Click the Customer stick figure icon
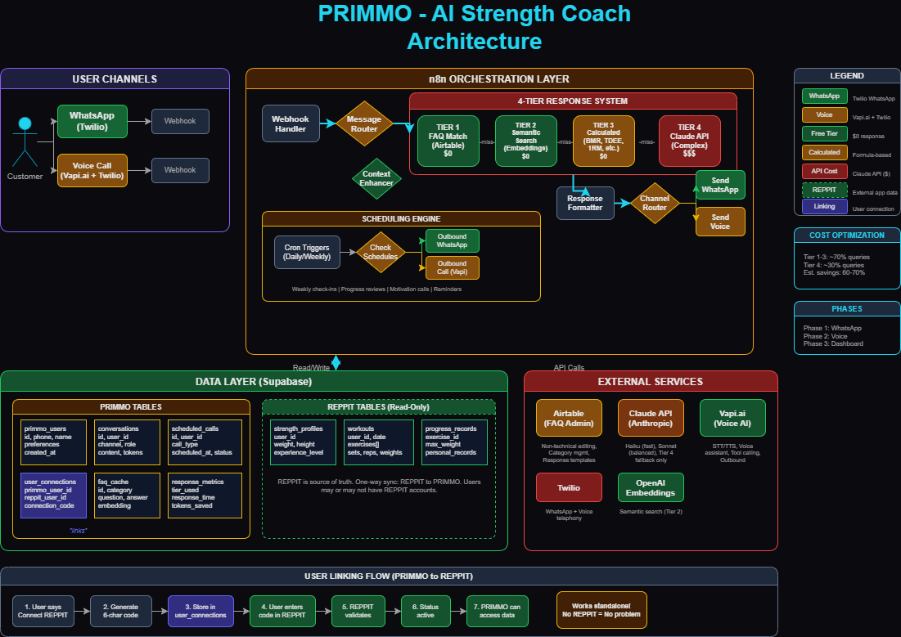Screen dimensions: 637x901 pos(25,143)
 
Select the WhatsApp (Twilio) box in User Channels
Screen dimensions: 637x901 pos(92,121)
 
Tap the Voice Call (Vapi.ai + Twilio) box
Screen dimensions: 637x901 pos(92,170)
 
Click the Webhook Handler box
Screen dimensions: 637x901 pos(291,123)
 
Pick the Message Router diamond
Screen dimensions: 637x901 pos(364,123)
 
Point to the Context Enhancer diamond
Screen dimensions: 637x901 pos(377,177)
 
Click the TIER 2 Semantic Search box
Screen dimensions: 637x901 pos(525,140)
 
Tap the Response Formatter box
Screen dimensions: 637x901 pos(585,203)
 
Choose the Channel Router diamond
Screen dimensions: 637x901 pos(655,203)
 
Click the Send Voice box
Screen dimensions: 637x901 pos(720,222)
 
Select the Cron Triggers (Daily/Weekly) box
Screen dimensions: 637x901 pos(307,252)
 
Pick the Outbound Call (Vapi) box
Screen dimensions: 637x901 pos(452,267)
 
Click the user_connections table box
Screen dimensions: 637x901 pos(52,495)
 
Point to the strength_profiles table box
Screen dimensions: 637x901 pos(303,442)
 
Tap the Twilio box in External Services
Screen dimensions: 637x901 pos(569,487)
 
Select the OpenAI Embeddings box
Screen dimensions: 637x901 pos(651,487)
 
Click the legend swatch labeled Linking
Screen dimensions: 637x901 pos(824,206)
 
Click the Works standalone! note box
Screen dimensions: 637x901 pos(601,610)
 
